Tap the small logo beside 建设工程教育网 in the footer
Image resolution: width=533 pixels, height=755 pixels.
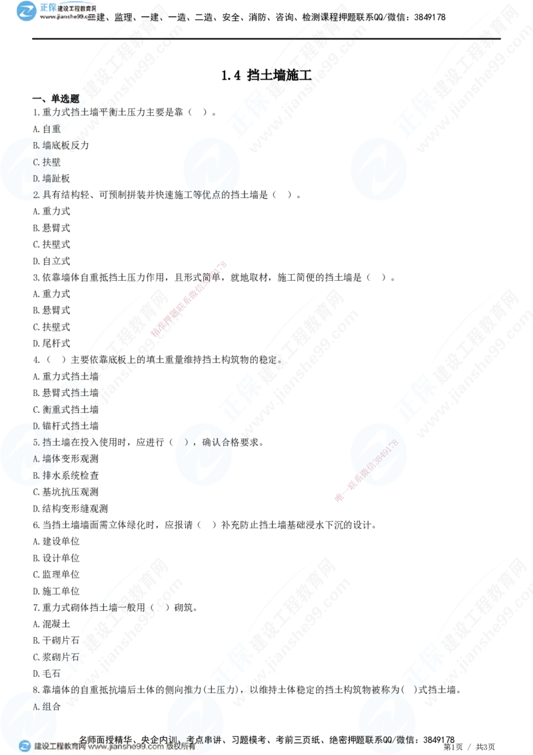pyautogui.click(x=25, y=746)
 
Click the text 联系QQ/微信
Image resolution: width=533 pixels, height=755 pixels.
pyautogui.click(x=385, y=739)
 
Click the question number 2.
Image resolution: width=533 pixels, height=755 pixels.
pyautogui.click(x=36, y=195)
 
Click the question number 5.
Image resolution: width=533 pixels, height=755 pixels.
pyautogui.click(x=36, y=442)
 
